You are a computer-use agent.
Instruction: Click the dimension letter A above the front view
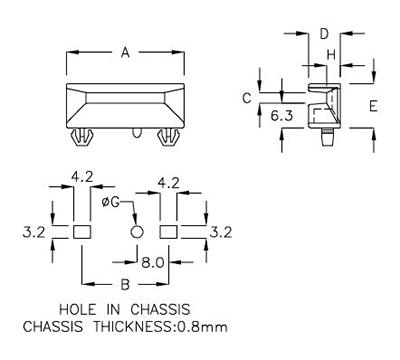click(125, 53)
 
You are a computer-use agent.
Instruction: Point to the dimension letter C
click(245, 97)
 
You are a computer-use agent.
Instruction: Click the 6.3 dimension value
click(281, 117)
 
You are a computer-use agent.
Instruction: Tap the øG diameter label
click(113, 202)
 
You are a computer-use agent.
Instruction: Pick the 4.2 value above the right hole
click(169, 183)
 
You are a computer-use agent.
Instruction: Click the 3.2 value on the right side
click(221, 231)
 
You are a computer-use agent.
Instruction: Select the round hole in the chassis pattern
click(138, 231)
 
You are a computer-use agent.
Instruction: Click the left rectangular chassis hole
click(82, 231)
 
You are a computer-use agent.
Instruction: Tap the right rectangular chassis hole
click(169, 231)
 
